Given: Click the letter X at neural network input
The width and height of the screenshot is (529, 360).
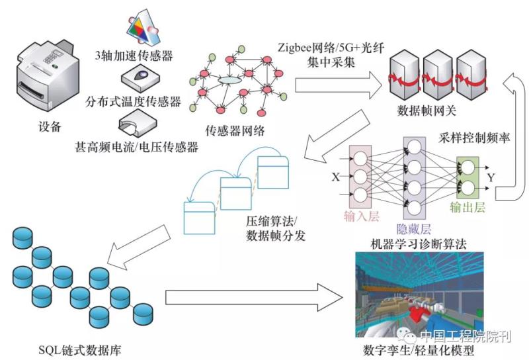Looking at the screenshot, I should [335, 177].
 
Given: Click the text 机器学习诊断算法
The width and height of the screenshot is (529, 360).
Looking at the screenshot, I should [420, 244].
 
